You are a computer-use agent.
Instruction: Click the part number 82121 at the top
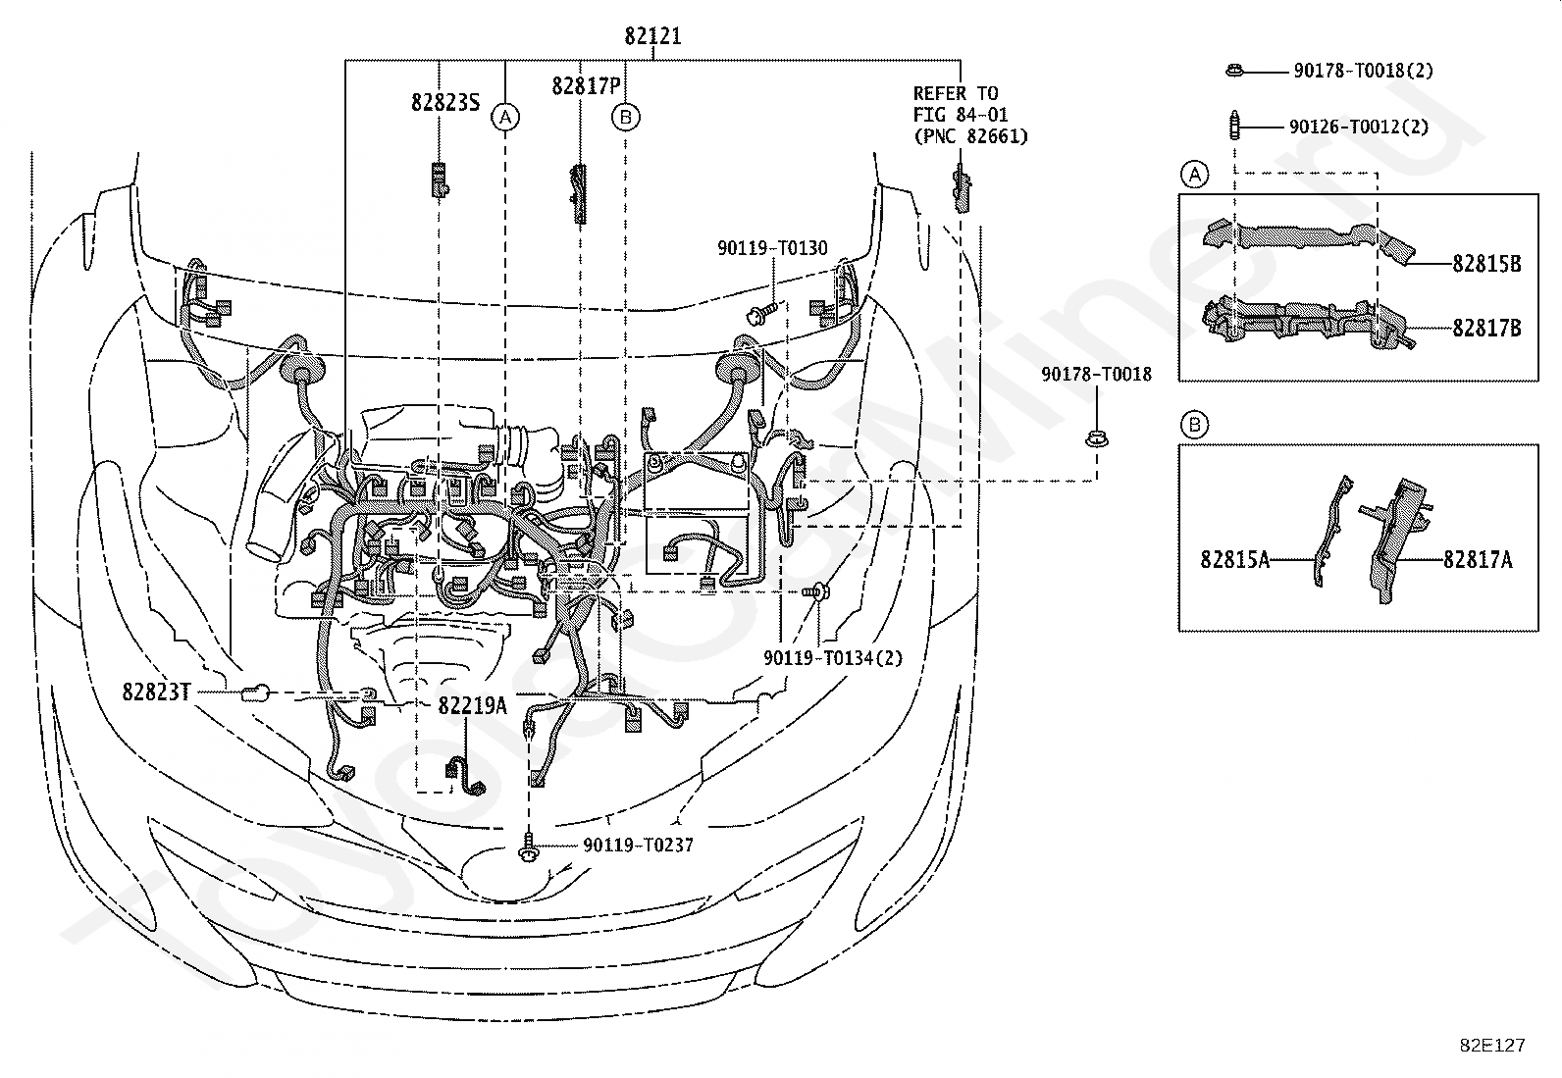[x=652, y=35]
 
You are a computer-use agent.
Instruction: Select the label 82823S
[x=445, y=102]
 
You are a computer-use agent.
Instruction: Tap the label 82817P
[x=586, y=85]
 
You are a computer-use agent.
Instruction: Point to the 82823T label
[x=156, y=692]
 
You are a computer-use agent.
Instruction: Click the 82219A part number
[x=472, y=705]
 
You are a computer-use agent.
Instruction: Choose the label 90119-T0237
[x=638, y=846]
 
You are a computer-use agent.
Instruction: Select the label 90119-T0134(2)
[x=833, y=657]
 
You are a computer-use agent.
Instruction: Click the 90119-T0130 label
[x=772, y=247]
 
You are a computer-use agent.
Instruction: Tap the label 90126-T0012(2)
[x=1359, y=127]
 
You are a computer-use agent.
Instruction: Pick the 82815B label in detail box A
[x=1486, y=264]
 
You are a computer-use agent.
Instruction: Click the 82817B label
[x=1486, y=328]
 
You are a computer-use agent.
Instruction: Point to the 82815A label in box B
[x=1235, y=559]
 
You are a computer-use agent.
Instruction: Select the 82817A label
[x=1478, y=559]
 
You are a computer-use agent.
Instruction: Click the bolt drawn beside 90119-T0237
[x=529, y=847]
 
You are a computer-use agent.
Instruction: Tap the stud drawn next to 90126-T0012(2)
[x=1235, y=126]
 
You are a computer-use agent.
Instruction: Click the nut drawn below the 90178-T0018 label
[x=1097, y=439]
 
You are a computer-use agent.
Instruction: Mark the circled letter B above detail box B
[x=1194, y=425]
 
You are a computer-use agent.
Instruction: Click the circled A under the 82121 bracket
[x=505, y=117]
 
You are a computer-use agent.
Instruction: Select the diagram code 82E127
[x=1492, y=1046]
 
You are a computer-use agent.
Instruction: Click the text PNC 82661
[x=970, y=136]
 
